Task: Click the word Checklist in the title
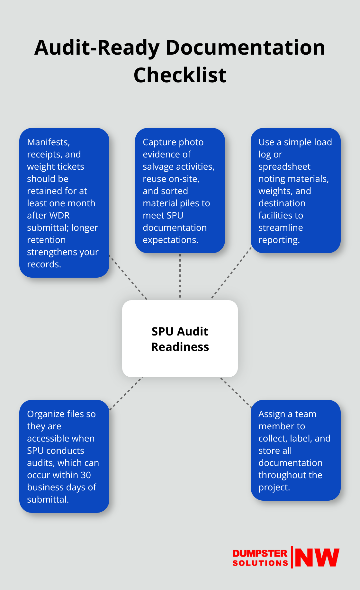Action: [180, 75]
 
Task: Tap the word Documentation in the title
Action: [245, 48]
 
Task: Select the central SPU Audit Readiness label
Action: [180, 339]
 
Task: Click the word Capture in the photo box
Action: [158, 142]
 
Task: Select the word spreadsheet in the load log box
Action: [284, 166]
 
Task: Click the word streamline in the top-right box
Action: [281, 228]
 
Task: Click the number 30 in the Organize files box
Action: [85, 475]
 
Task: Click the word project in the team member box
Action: [273, 487]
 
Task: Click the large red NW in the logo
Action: [317, 558]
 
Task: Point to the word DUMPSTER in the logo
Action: [260, 553]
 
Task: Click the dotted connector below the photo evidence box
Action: [180, 276]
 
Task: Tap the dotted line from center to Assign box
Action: [236, 393]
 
